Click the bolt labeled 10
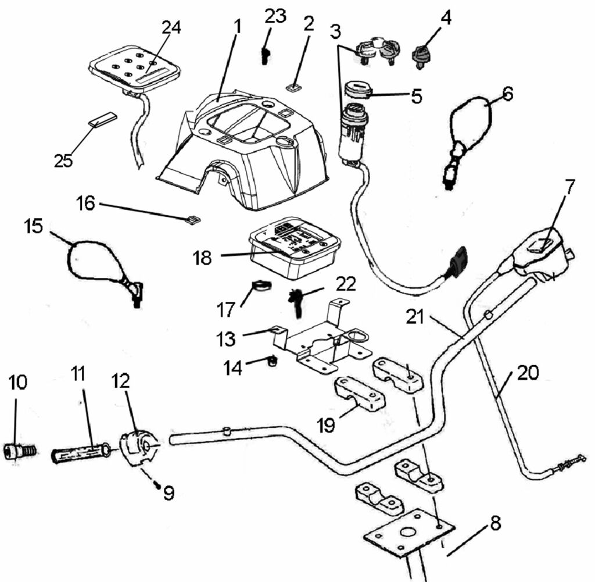pos(21,451)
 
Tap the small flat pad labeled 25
pos(102,119)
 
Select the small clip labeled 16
pos(193,220)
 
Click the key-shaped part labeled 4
pos(422,56)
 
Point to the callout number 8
pos(495,523)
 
